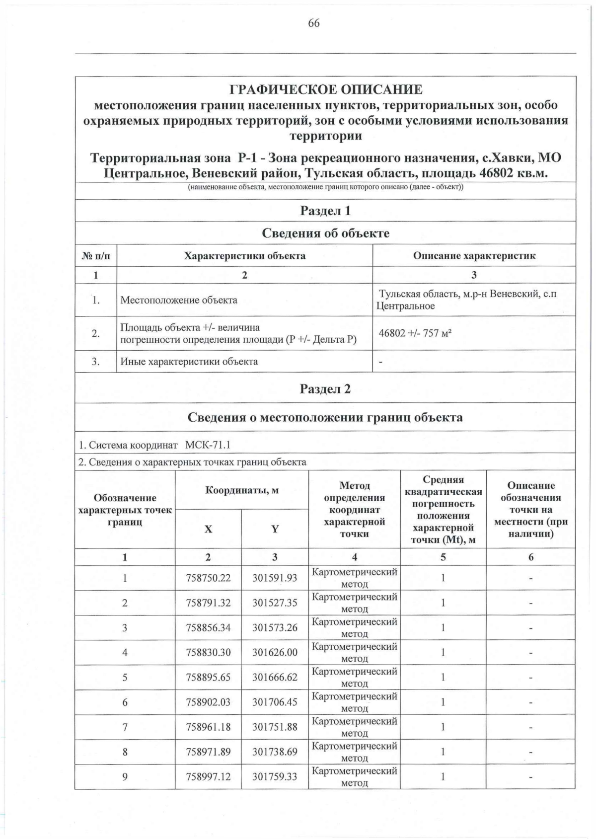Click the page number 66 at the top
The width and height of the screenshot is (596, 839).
tap(313, 23)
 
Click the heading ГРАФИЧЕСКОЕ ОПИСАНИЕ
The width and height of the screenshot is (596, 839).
tap(325, 90)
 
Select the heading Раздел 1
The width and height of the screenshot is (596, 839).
tap(325, 211)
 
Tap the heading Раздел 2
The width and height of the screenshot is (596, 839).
tap(325, 389)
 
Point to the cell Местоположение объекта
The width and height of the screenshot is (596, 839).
tap(179, 300)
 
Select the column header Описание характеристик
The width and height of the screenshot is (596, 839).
tap(474, 256)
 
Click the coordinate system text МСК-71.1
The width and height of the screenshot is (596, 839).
tap(208, 445)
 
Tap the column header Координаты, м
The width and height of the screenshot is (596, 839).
tap(242, 490)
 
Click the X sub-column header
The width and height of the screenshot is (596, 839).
tap(208, 529)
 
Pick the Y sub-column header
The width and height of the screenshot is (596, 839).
tap(275, 529)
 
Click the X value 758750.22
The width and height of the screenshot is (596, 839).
tap(208, 578)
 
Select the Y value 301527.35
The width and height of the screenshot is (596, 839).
tap(275, 603)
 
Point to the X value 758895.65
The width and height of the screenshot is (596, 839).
tap(208, 677)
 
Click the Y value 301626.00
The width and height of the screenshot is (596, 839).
tap(275, 652)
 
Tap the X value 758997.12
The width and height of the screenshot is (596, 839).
tap(208, 776)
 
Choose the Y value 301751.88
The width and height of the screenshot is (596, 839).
tap(275, 727)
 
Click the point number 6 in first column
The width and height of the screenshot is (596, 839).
tap(125, 702)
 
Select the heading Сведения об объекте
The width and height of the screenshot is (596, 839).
tap(325, 233)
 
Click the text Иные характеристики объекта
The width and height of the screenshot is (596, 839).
tap(189, 362)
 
